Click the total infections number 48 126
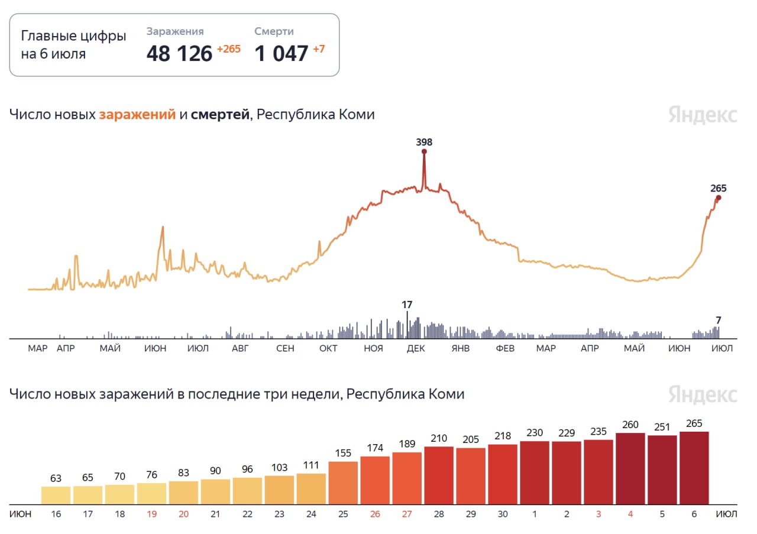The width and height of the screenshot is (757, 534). [179, 54]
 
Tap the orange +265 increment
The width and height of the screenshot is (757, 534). [228, 49]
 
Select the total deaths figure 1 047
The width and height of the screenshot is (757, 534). [282, 54]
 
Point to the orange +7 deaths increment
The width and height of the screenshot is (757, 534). [318, 49]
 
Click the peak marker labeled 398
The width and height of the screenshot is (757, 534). [424, 151]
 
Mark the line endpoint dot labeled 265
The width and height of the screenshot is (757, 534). [718, 198]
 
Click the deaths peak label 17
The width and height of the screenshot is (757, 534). [407, 305]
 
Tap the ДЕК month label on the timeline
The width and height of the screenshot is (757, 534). [416, 348]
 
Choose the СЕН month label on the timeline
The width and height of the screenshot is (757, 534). [285, 348]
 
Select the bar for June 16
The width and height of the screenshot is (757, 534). [56, 496]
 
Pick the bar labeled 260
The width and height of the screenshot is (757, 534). [630, 468]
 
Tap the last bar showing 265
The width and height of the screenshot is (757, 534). [694, 468]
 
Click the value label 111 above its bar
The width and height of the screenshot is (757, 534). [311, 465]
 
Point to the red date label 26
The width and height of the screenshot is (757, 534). [375, 514]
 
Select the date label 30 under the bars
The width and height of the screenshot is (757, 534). [503, 514]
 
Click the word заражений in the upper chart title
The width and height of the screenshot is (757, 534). [137, 115]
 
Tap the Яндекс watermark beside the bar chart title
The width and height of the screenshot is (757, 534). [703, 394]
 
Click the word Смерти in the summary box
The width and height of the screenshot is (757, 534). [274, 31]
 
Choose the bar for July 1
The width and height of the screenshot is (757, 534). [535, 472]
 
